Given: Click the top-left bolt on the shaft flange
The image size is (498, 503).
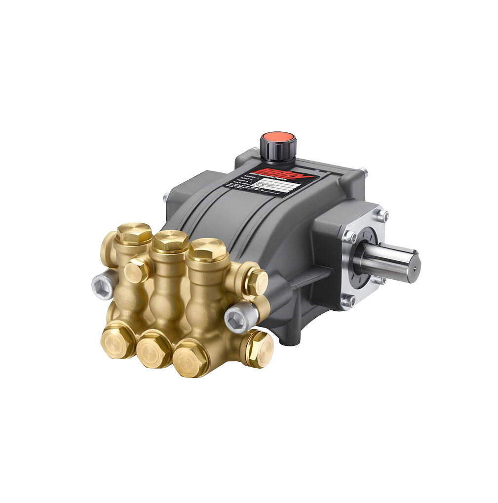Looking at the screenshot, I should (349, 237).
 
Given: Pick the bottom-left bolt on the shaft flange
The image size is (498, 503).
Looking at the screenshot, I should (349, 300).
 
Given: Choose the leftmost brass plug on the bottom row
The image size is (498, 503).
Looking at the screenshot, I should (117, 341).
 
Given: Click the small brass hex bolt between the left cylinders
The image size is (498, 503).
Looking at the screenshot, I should (137, 271).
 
